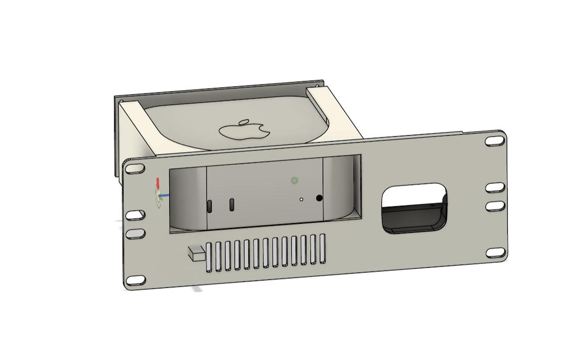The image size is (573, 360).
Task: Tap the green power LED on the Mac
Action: click(x=293, y=180)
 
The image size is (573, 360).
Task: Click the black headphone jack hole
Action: click(x=319, y=198)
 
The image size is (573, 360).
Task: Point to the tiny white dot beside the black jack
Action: click(x=301, y=200)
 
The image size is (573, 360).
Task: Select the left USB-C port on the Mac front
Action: click(x=210, y=206)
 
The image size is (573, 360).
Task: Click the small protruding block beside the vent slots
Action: click(x=195, y=253)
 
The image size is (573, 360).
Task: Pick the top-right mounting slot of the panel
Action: click(x=494, y=141)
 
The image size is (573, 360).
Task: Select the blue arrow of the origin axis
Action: click(x=165, y=195)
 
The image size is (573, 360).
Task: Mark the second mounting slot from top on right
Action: click(x=494, y=187)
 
